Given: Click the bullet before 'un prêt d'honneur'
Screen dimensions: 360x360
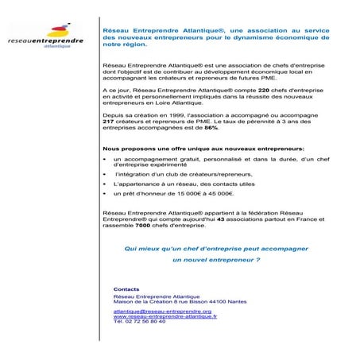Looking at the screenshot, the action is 106,194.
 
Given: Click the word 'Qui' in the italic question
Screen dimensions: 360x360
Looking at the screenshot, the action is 130,247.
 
